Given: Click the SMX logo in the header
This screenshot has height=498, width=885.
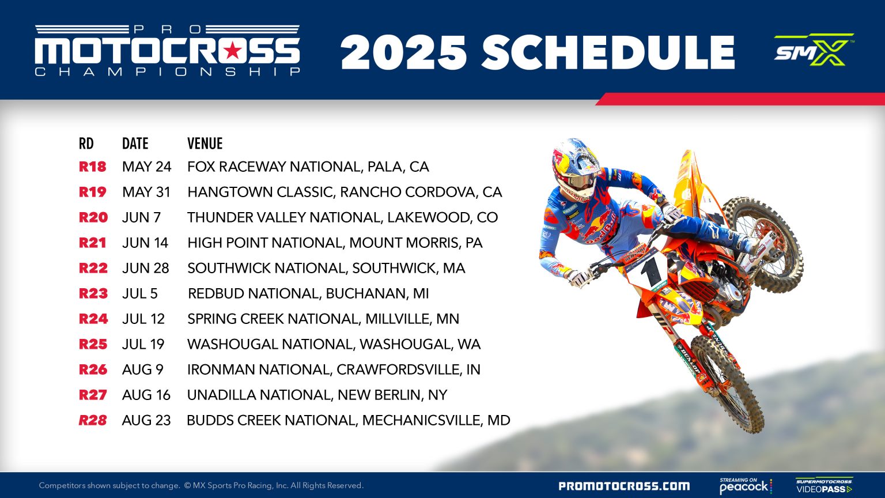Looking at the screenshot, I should click(x=813, y=50).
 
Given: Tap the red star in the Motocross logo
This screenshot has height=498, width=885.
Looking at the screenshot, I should click(x=232, y=51).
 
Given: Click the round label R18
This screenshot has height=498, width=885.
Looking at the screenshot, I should click(x=93, y=167).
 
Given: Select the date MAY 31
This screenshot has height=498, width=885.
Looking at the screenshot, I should click(x=146, y=193).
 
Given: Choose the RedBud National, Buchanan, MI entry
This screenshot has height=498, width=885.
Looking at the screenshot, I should click(x=308, y=294).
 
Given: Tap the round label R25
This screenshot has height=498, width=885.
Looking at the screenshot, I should click(x=93, y=345).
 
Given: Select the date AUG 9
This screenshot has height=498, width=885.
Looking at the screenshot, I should click(x=143, y=370).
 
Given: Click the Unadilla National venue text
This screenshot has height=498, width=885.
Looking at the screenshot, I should click(x=317, y=395).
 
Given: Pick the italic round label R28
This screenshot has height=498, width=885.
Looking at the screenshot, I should click(x=93, y=421).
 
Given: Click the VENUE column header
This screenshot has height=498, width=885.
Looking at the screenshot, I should click(x=205, y=144).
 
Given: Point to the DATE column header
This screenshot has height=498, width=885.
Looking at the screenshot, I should click(x=135, y=144).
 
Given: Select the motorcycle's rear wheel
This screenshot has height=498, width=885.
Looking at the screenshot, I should click(x=766, y=242).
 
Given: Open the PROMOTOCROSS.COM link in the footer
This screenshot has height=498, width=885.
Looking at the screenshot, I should click(x=624, y=486).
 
